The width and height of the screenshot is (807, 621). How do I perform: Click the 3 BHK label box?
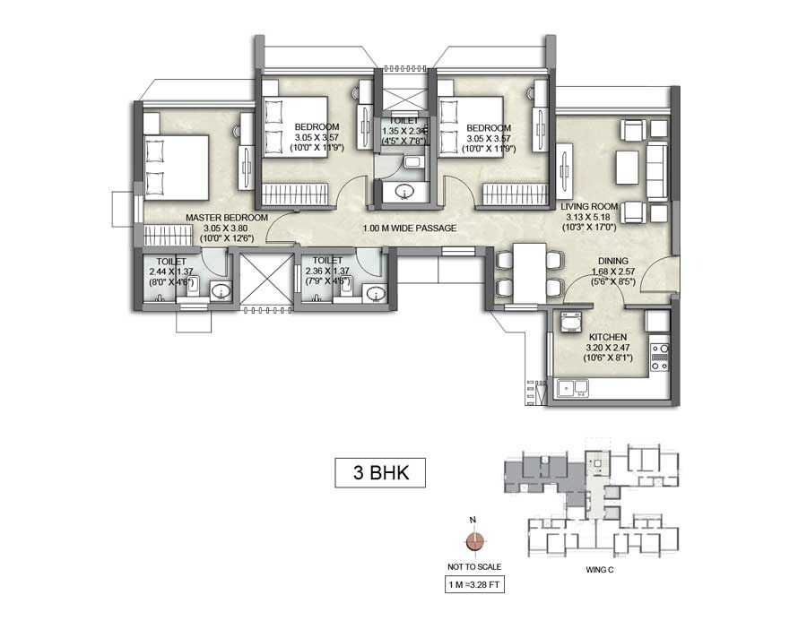373,472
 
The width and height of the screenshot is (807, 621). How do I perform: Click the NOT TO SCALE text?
475,566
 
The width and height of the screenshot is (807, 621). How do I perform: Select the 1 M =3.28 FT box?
475,586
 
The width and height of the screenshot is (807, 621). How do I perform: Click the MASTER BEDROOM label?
227,218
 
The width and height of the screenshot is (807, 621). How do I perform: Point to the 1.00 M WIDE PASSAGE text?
409,229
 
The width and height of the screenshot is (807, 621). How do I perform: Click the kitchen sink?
572,387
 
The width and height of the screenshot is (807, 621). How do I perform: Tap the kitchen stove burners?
660,357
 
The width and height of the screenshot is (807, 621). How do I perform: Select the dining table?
526,272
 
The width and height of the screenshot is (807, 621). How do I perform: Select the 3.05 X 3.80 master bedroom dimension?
227,228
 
